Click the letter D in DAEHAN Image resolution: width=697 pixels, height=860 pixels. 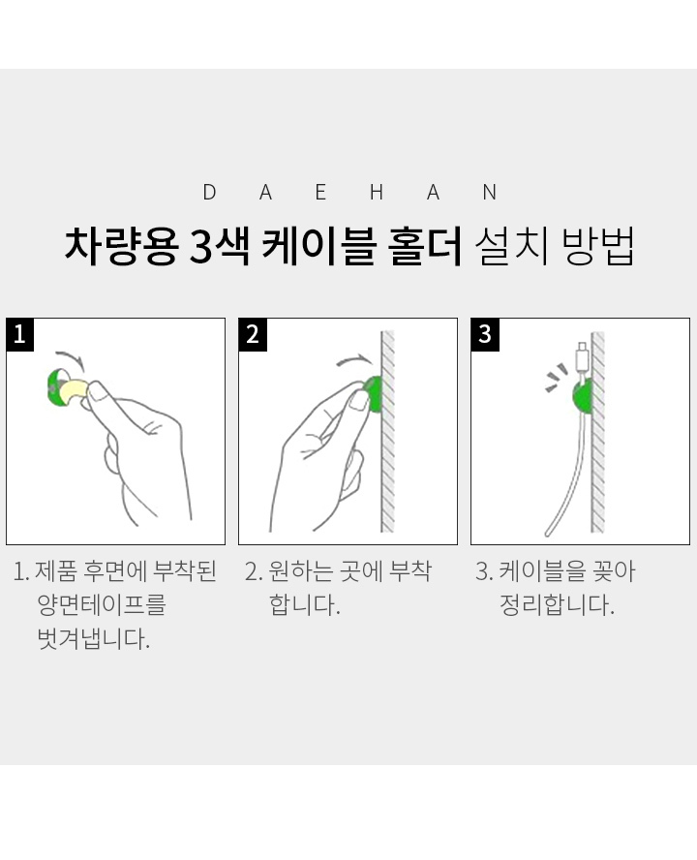pos(209,193)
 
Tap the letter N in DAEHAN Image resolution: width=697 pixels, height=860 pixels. pos(490,193)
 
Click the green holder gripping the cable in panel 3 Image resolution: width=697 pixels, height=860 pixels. pos(581,395)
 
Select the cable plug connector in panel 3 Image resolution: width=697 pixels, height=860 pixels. pos(582,358)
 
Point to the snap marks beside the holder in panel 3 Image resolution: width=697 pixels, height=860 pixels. pos(556,378)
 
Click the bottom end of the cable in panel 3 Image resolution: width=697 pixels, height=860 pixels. pos(548,533)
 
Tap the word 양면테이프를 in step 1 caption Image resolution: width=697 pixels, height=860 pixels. pos(102,605)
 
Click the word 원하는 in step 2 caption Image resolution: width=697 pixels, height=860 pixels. pos(300,571)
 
